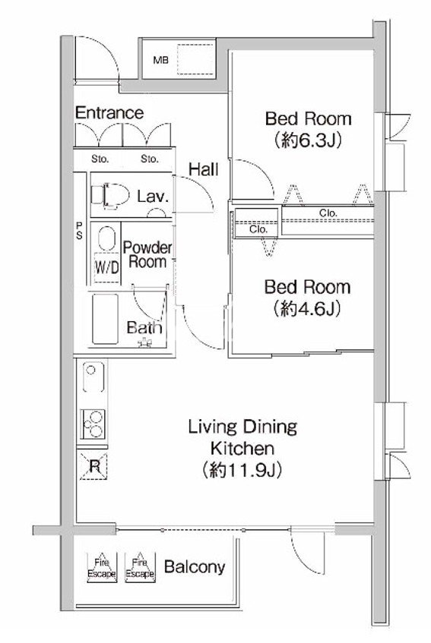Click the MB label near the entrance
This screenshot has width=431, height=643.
pyautogui.click(x=161, y=61)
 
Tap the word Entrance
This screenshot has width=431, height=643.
pyautogui.click(x=109, y=113)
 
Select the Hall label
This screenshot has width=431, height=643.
pyautogui.click(x=204, y=169)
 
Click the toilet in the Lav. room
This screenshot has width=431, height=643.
pyautogui.click(x=109, y=195)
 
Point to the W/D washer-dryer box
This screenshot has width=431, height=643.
pyautogui.click(x=107, y=268)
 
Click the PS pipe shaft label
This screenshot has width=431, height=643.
pyautogui.click(x=79, y=231)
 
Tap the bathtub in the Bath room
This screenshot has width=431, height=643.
pyautogui.click(x=105, y=319)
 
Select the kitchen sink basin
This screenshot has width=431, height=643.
pyautogui.click(x=93, y=377)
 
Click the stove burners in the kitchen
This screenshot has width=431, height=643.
pyautogui.click(x=93, y=424)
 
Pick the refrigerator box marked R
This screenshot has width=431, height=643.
pyautogui.click(x=94, y=466)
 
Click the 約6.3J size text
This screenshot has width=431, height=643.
pyautogui.click(x=309, y=140)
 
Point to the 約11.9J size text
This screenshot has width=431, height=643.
pyautogui.click(x=242, y=471)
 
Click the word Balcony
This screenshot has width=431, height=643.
pyautogui.click(x=195, y=567)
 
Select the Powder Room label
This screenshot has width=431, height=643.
pyautogui.click(x=147, y=255)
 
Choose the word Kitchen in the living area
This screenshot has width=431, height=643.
pyautogui.click(x=242, y=448)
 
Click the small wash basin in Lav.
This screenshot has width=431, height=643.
pyautogui.click(x=157, y=213)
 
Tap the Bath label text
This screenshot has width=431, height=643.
pyautogui.click(x=144, y=328)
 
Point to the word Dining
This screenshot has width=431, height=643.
pyautogui.click(x=270, y=427)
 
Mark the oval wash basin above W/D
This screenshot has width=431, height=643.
pyautogui.click(x=106, y=238)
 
